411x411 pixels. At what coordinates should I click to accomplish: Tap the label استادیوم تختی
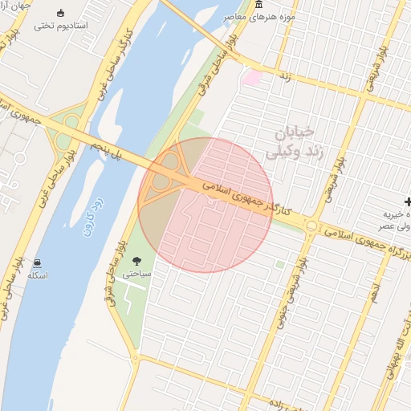(x=62, y=26)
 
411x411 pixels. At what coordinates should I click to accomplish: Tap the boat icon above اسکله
(x=38, y=263)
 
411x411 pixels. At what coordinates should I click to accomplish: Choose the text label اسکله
(x=38, y=275)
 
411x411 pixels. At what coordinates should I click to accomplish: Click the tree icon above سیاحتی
(x=136, y=260)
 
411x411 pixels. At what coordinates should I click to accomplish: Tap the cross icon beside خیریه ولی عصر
(x=409, y=201)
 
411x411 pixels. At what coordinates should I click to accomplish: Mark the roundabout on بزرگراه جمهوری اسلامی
(x=311, y=226)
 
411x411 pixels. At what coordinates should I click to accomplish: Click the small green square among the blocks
(x=279, y=263)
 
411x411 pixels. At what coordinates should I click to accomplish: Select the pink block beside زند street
(x=253, y=78)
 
